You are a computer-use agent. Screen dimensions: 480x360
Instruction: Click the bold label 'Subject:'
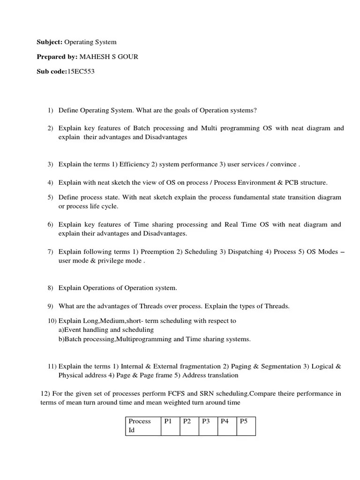[50, 42]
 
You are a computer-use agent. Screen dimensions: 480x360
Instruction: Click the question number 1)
[51, 110]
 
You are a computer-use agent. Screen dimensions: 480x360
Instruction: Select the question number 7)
[51, 252]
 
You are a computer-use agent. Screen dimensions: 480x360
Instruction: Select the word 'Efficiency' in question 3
[134, 164]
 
